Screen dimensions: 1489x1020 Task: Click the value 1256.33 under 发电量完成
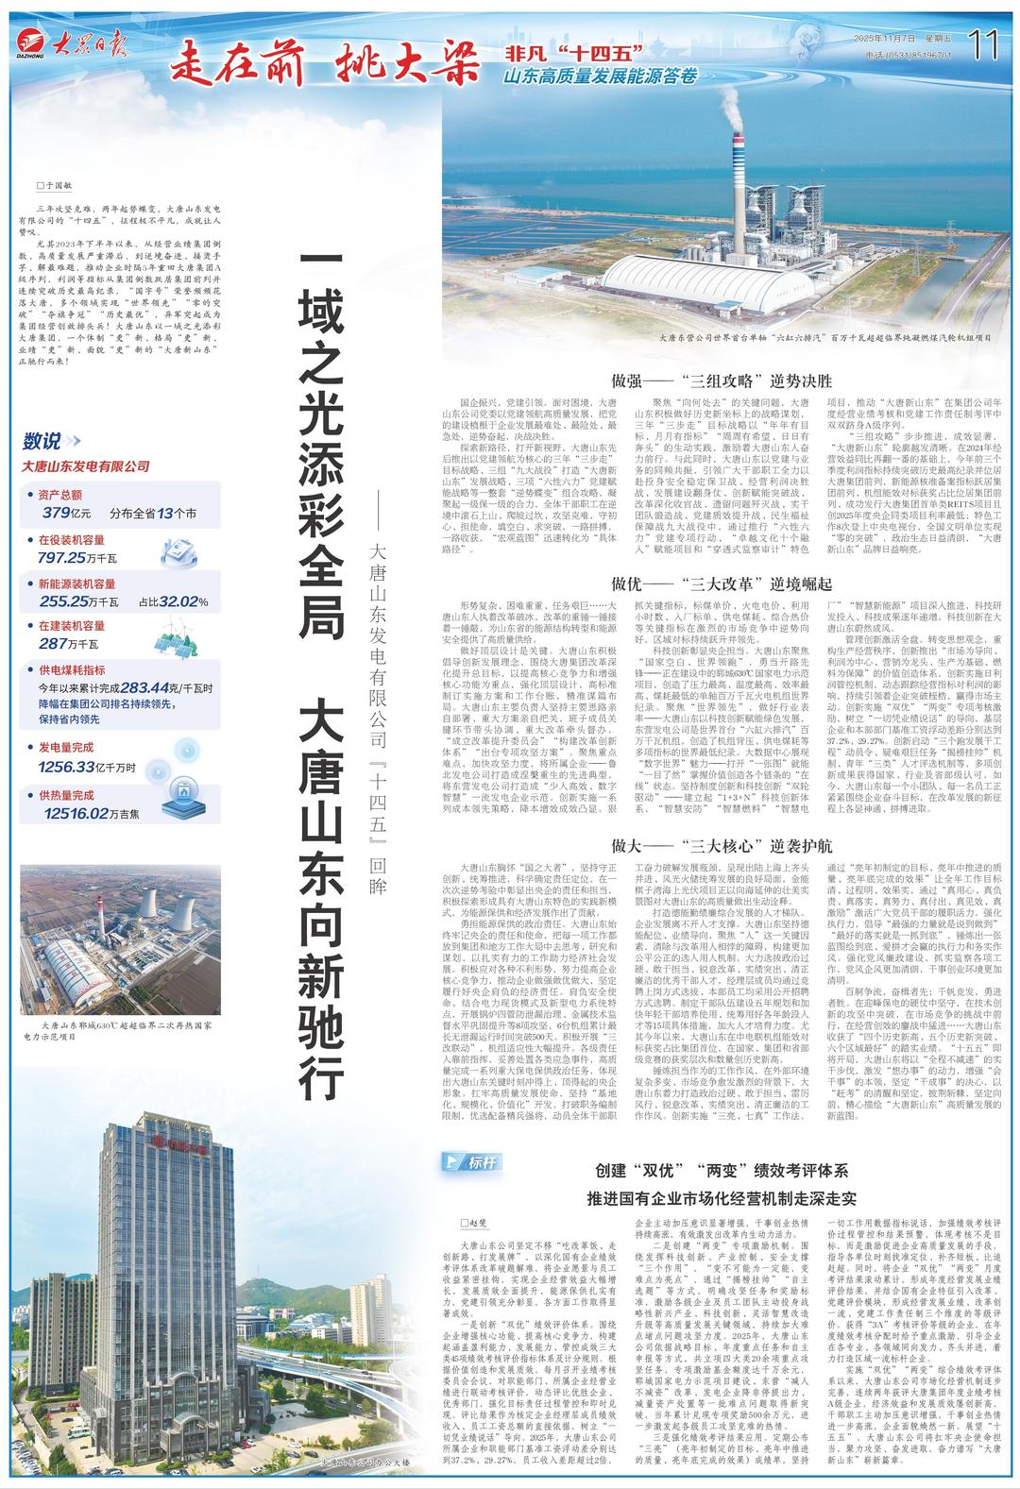[x=68, y=767]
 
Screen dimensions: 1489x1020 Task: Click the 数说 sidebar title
[x=43, y=440]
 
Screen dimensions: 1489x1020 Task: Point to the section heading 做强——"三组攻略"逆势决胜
[x=722, y=381]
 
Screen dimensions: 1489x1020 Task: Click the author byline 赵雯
[x=473, y=1222]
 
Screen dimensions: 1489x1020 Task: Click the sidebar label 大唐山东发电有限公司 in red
[x=86, y=465]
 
